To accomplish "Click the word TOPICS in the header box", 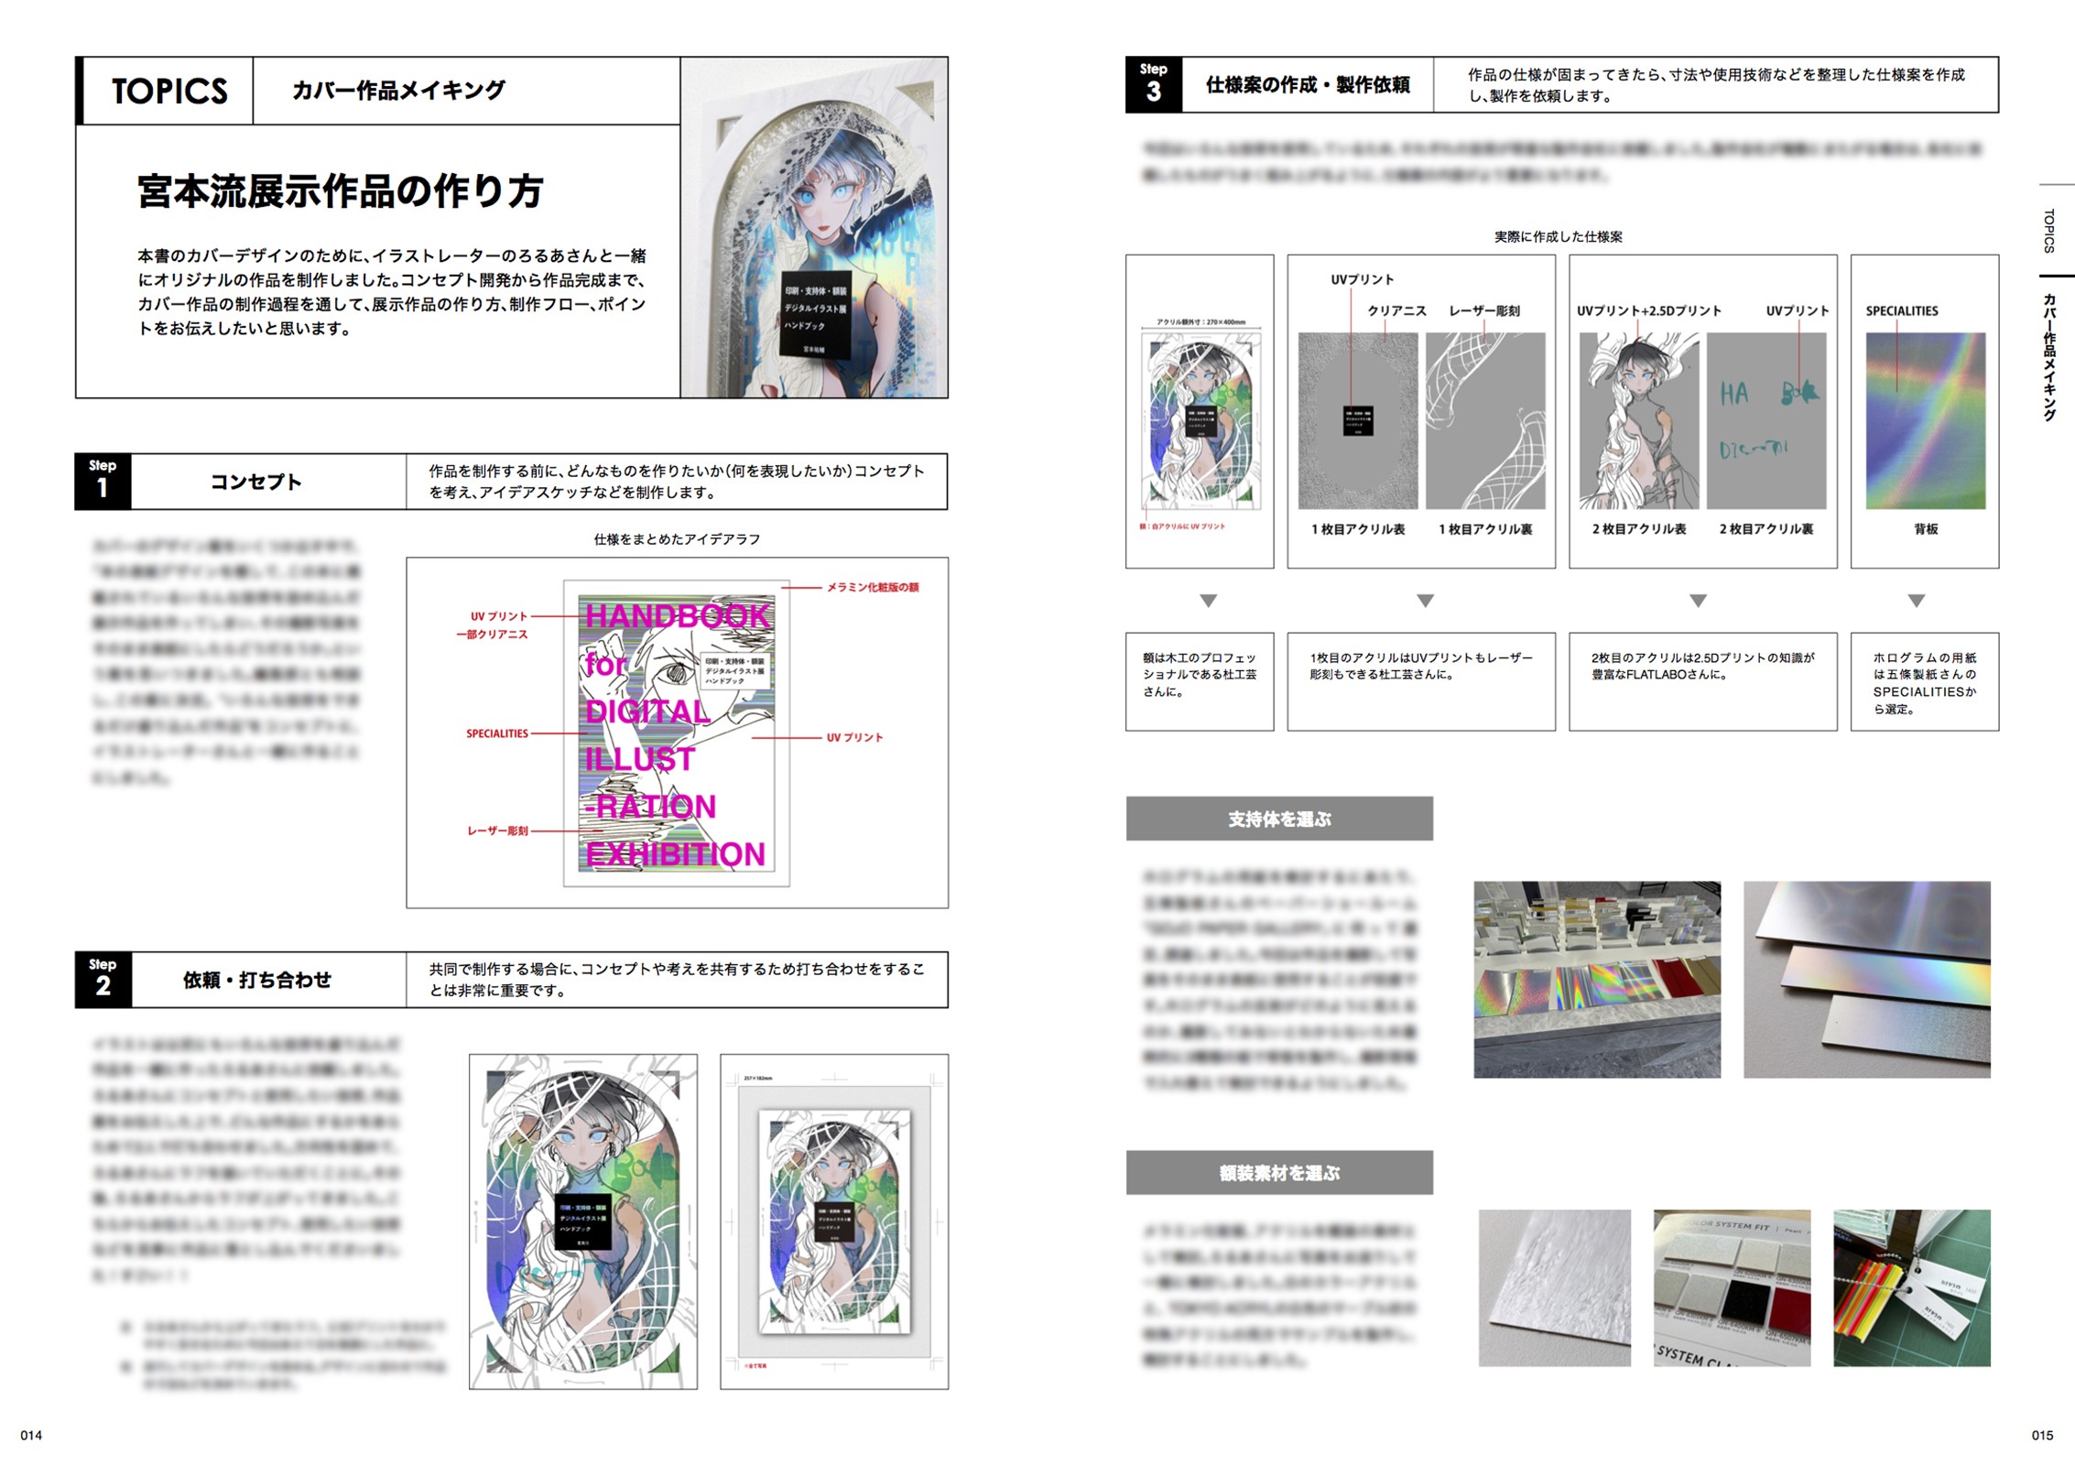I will point(169,91).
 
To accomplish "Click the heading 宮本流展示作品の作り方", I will point(340,191).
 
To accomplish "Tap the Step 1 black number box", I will point(103,481).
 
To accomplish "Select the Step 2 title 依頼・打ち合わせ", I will point(256,980).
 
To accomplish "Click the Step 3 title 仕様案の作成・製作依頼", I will point(1307,85).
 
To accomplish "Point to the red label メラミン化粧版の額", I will point(872,587).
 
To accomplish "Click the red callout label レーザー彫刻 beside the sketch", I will point(497,830).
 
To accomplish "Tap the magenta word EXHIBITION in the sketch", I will point(675,853).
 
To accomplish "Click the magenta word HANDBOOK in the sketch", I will point(678,615).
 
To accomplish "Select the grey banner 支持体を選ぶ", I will point(1278,819).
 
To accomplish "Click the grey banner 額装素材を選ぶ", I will point(1278,1172).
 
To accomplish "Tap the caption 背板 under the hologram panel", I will point(1925,529).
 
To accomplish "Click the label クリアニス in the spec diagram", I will point(1396,311).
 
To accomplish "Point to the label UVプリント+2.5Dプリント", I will point(1648,311).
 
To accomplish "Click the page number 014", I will point(31,1435).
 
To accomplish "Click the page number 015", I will point(2041,1435).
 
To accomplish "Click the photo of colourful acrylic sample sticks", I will point(1911,1287).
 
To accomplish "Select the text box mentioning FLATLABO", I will point(1701,680).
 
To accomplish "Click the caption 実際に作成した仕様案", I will point(1558,237).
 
